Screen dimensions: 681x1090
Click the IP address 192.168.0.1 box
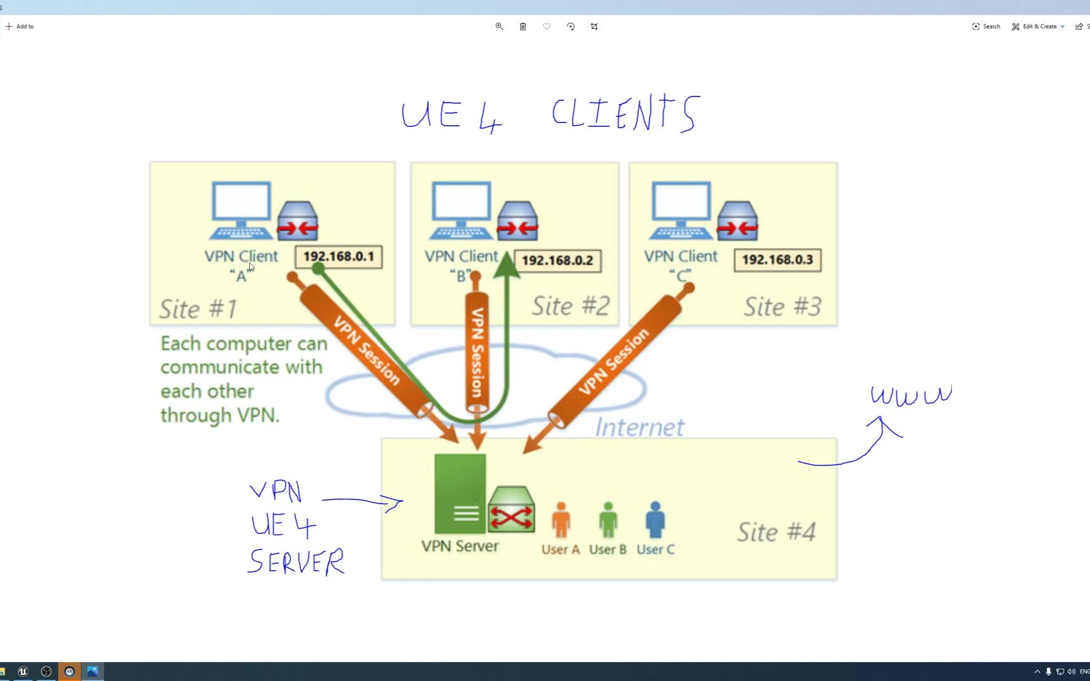pyautogui.click(x=339, y=257)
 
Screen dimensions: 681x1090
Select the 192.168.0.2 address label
pyautogui.click(x=558, y=260)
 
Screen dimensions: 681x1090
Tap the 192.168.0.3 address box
pyautogui.click(x=777, y=260)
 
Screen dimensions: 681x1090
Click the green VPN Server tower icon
pyautogui.click(x=460, y=494)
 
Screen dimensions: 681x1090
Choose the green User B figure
pyautogui.click(x=608, y=520)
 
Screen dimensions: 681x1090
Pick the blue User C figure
pyautogui.click(x=655, y=520)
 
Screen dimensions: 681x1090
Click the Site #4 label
pyautogui.click(x=776, y=532)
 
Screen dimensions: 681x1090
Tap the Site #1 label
pyautogui.click(x=198, y=309)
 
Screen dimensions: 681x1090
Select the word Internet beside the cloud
pyautogui.click(x=640, y=428)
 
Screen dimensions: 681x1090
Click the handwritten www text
pyautogui.click(x=911, y=395)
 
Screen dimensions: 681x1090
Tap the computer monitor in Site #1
pyautogui.click(x=242, y=204)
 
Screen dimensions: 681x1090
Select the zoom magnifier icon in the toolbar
pyautogui.click(x=499, y=26)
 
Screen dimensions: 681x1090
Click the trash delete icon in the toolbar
pyautogui.click(x=523, y=26)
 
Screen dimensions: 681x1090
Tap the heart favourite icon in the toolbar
pyautogui.click(x=547, y=26)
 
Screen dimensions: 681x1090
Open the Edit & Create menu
pyautogui.click(x=1038, y=26)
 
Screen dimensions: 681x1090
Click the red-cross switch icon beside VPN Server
pyautogui.click(x=512, y=510)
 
